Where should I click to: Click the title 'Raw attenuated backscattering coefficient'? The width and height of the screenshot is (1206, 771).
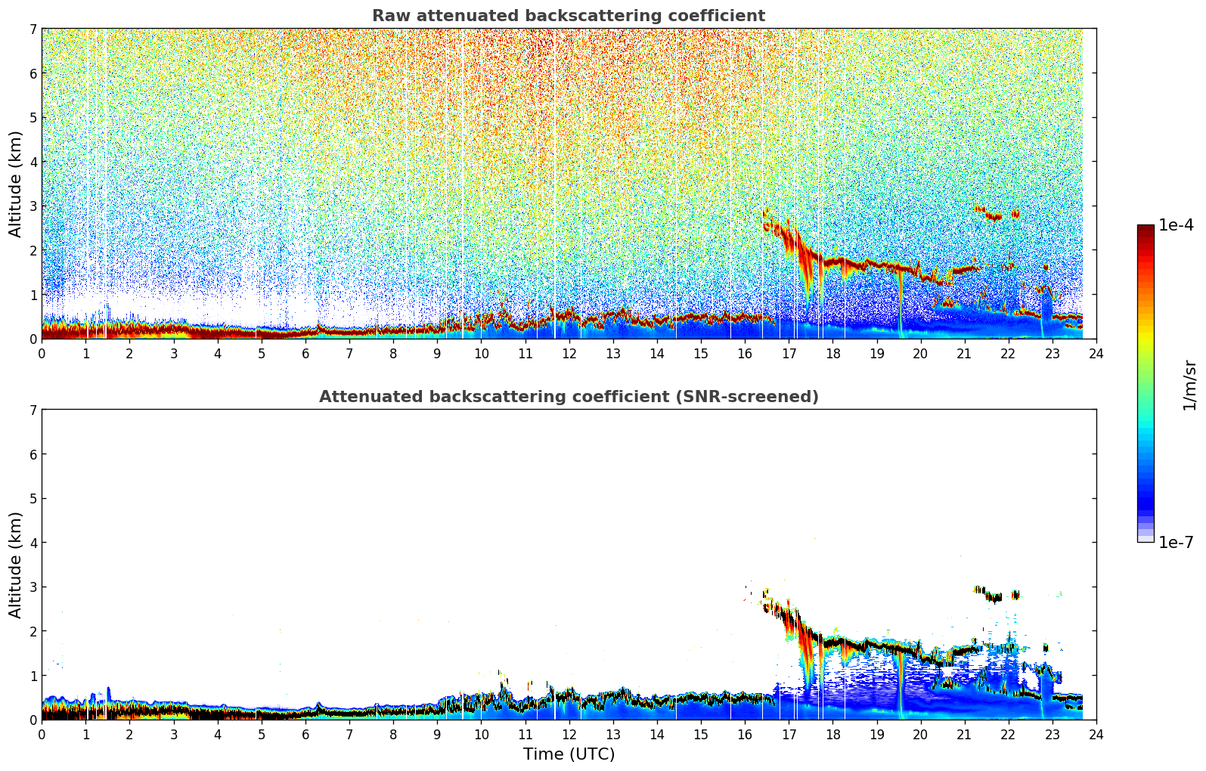click(x=569, y=16)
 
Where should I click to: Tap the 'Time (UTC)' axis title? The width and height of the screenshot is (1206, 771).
click(x=569, y=754)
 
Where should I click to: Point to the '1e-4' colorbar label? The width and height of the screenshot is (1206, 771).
click(x=1177, y=225)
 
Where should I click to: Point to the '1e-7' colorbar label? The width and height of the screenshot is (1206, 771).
click(x=1177, y=542)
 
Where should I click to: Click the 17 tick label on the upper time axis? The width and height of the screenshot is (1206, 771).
click(x=789, y=354)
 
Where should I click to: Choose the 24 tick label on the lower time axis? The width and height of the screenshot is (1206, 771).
click(x=1096, y=735)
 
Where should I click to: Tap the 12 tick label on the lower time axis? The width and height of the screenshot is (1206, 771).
click(x=569, y=735)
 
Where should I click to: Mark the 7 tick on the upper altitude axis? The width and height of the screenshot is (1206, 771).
click(x=33, y=29)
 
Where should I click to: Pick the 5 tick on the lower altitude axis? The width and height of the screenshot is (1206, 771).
click(x=33, y=499)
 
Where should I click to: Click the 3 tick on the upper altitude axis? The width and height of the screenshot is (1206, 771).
click(x=33, y=206)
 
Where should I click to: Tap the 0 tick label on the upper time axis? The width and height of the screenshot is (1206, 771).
click(x=42, y=354)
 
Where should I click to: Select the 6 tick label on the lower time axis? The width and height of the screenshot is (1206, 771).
click(x=305, y=735)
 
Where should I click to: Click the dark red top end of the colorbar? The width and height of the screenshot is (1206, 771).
click(x=1146, y=228)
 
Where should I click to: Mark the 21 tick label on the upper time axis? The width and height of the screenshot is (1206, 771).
click(x=964, y=354)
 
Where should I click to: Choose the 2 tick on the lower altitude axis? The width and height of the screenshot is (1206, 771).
click(x=33, y=631)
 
